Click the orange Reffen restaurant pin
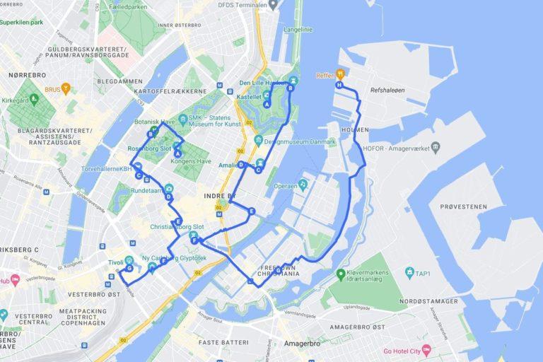tap(340, 73)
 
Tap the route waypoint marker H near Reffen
tap(339, 85)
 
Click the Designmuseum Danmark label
tap(300, 141)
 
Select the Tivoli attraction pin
tap(129, 259)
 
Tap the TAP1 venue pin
tap(409, 272)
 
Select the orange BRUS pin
tap(66, 89)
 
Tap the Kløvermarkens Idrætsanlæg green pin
tap(341, 274)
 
